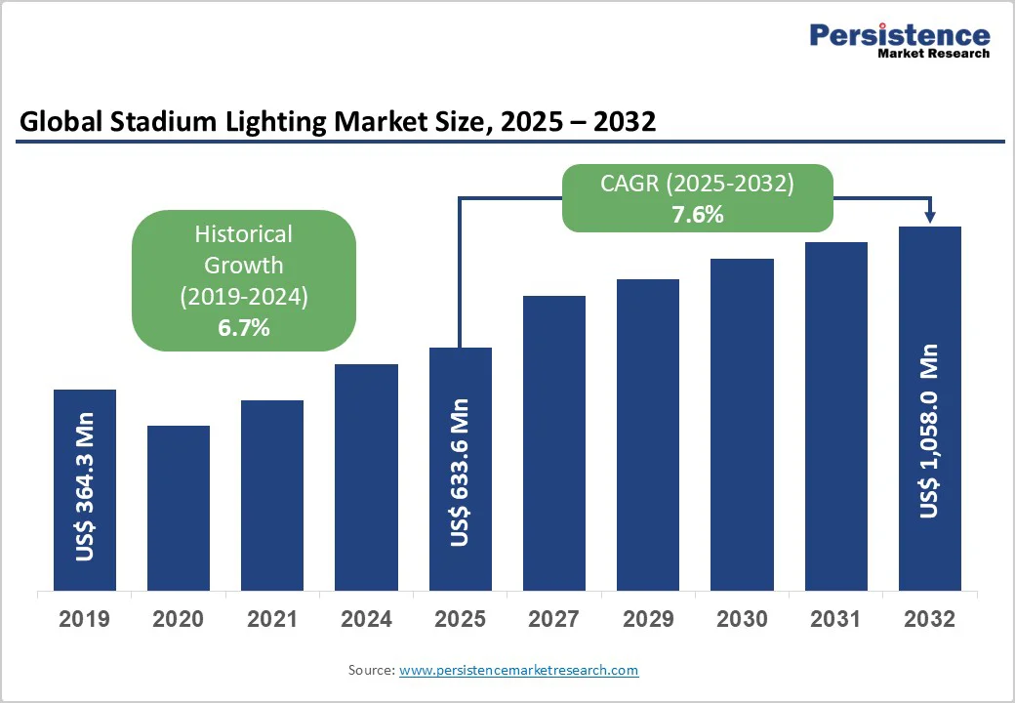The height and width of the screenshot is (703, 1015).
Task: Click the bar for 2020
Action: click(x=179, y=508)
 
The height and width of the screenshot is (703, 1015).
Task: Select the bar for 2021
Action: click(x=272, y=495)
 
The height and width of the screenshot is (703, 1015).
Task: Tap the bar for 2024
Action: click(x=366, y=476)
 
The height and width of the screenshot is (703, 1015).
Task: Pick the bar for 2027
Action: click(x=554, y=442)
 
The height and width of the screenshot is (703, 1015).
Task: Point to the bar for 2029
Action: click(x=648, y=434)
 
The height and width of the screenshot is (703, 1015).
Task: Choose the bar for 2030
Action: click(x=742, y=424)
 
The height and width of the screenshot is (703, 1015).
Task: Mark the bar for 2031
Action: click(x=835, y=416)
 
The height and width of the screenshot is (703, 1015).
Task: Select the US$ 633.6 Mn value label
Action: click(x=461, y=472)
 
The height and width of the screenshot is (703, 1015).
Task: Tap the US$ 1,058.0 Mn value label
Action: click(x=929, y=431)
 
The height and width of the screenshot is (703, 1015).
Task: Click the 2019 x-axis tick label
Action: click(x=85, y=619)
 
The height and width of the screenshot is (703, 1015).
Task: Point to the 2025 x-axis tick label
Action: click(x=461, y=619)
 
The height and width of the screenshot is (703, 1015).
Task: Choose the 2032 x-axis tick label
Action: click(x=929, y=619)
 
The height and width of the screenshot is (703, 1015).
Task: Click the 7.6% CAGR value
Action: click(x=697, y=215)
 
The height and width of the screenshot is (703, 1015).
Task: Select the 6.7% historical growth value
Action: click(x=243, y=328)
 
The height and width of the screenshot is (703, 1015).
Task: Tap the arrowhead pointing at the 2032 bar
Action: click(x=929, y=217)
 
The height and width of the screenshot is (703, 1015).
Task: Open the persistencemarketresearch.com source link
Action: click(x=518, y=670)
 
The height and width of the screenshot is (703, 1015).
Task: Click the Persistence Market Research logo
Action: click(x=899, y=40)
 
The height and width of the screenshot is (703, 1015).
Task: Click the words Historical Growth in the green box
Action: click(x=243, y=249)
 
